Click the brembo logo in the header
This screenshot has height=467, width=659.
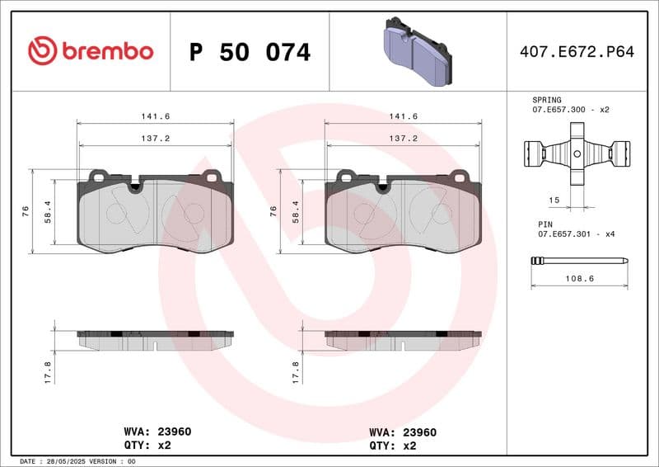91,51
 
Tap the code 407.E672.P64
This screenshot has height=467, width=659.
577,52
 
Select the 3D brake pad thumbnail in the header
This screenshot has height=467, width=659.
418,53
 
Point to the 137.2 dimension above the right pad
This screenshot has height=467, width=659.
403,139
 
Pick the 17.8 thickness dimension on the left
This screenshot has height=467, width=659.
48,371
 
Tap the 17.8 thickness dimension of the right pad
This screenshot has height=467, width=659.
297,371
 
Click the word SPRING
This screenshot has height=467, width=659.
547,99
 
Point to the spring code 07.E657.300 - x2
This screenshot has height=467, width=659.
570,109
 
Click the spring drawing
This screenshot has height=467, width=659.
577,153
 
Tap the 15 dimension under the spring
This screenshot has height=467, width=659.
554,200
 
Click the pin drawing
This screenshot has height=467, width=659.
579,262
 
